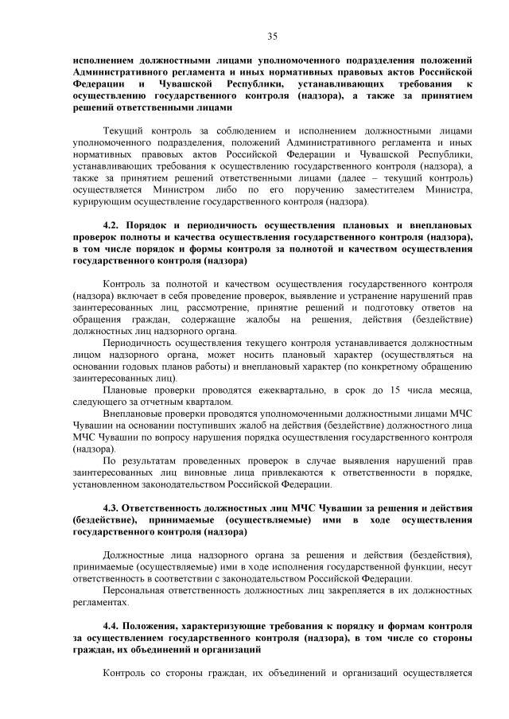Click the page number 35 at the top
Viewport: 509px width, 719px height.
272,36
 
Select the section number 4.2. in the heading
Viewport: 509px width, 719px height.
114,226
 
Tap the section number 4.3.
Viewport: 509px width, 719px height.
114,507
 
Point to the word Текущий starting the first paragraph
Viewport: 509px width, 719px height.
124,130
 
